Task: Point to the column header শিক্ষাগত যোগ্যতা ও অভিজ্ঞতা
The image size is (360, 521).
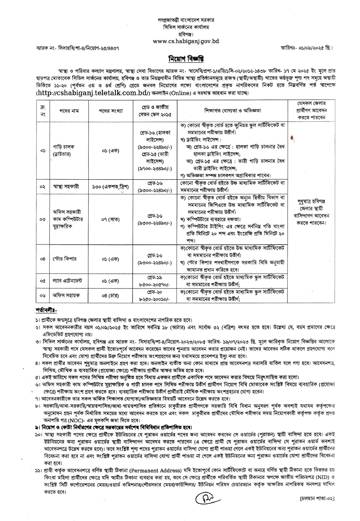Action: (232, 111)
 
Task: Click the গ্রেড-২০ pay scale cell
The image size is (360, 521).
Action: (155, 295)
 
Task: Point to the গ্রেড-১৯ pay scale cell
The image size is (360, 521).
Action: (155, 281)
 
